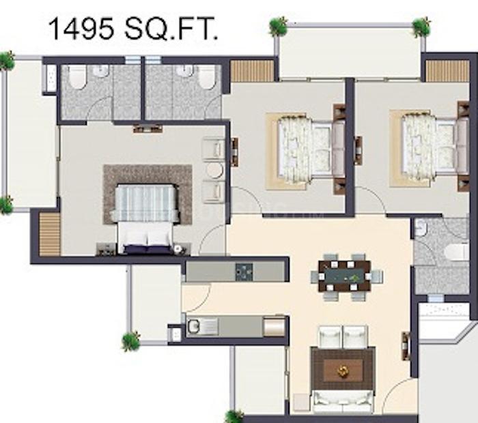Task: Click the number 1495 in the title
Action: point(81,29)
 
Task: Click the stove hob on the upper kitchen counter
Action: point(244,272)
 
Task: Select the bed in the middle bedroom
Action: point(311,150)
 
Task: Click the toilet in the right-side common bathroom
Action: point(456,252)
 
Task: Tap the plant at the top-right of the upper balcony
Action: point(422,27)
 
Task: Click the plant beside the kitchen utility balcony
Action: point(131,340)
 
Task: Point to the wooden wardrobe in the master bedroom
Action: point(50,233)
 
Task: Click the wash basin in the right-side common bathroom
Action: point(420,228)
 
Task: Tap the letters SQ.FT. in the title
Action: point(171,29)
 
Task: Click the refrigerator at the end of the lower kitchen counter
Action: point(274,327)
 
